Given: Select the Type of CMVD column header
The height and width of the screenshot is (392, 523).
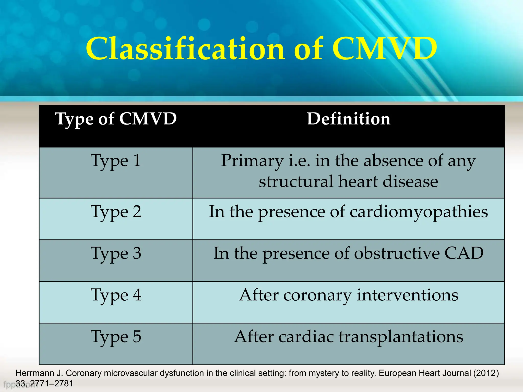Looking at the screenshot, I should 116,119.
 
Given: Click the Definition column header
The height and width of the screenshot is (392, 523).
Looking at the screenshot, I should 349,119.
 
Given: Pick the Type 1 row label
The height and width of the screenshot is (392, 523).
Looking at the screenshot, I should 116,161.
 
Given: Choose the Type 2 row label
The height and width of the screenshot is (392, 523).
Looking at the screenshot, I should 116,212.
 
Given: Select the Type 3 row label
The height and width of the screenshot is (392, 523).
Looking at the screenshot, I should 116,254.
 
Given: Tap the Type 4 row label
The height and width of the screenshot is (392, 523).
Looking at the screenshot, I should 116,295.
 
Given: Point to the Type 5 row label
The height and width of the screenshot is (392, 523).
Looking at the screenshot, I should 116,337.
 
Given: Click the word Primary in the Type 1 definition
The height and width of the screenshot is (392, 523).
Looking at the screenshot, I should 252,161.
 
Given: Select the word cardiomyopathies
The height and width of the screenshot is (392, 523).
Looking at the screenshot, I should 419,212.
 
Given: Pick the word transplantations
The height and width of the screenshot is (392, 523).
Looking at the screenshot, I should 401,337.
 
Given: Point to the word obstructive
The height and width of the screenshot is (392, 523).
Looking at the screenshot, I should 397,253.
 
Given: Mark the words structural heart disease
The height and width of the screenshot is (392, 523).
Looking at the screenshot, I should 349,181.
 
